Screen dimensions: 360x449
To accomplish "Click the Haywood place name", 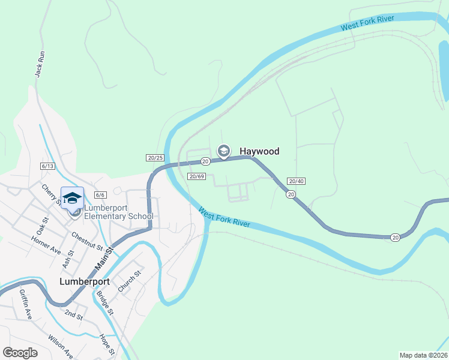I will [259, 151].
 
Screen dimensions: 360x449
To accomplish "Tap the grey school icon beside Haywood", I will [224, 151].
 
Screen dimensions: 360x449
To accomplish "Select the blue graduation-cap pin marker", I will [71, 198].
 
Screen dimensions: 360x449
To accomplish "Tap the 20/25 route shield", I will [154, 158].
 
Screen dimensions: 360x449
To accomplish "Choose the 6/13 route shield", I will [48, 166].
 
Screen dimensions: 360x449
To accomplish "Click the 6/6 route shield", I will [100, 194].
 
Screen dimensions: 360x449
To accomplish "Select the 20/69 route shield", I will [196, 176].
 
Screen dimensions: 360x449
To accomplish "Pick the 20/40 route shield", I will [297, 181].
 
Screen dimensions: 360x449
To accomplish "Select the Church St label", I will [129, 281].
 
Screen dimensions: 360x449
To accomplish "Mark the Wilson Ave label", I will [61, 347].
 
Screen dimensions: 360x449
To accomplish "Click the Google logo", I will [20, 353].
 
